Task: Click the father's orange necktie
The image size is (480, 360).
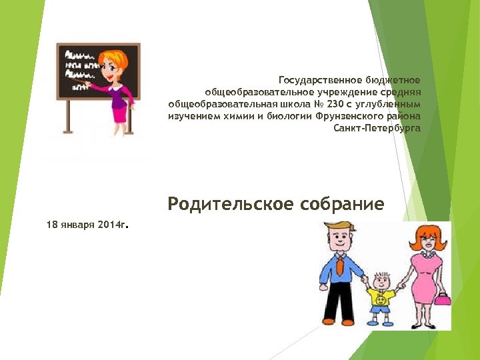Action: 340,267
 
